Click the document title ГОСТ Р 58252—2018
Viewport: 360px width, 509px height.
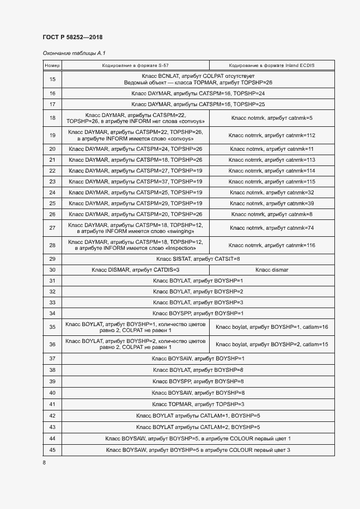72,37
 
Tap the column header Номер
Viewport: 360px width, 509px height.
52,65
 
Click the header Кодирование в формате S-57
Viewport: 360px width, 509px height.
135,65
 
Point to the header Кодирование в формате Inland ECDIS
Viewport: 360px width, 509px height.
271,65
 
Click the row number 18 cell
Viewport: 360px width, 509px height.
52,118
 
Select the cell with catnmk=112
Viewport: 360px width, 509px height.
271,135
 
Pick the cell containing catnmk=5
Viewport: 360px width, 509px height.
271,118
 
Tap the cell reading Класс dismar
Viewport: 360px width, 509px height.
271,270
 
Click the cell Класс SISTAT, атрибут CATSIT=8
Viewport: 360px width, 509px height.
198,259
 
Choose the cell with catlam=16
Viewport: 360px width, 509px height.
271,327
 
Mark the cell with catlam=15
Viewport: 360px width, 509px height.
271,345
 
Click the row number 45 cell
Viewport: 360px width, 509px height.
52,450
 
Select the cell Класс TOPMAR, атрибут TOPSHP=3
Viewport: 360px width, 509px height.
198,404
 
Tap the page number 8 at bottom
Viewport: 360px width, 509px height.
44,463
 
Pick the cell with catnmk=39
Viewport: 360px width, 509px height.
271,204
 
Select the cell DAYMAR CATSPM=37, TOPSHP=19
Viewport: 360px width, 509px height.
135,181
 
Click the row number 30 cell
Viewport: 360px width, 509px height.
52,270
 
